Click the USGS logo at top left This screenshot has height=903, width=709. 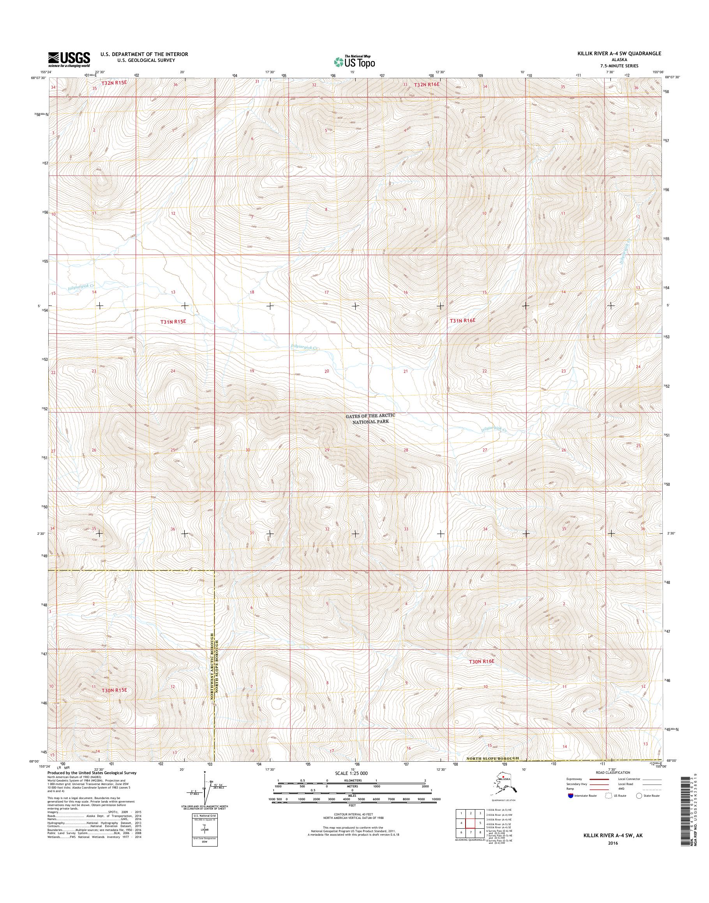69,59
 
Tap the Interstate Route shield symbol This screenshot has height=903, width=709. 571,796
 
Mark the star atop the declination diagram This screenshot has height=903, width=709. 205,772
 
